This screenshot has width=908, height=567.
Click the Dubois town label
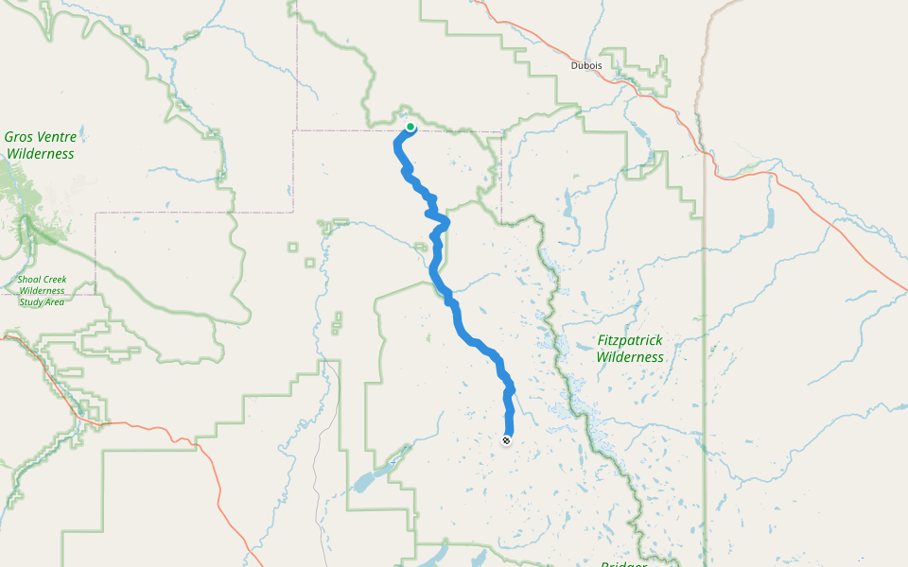tap(586, 65)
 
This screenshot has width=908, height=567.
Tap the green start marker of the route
tap(410, 126)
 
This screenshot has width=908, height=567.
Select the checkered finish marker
tap(507, 440)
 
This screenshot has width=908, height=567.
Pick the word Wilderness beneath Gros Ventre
tap(40, 153)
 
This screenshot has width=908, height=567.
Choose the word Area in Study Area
tap(55, 301)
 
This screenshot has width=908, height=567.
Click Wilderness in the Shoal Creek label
tap(42, 290)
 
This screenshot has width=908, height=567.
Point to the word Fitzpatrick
tap(630, 340)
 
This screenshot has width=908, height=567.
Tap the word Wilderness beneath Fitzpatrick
tap(630, 357)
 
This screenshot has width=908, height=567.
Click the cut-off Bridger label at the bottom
tap(624, 563)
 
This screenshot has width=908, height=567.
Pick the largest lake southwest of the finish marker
tap(369, 480)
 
